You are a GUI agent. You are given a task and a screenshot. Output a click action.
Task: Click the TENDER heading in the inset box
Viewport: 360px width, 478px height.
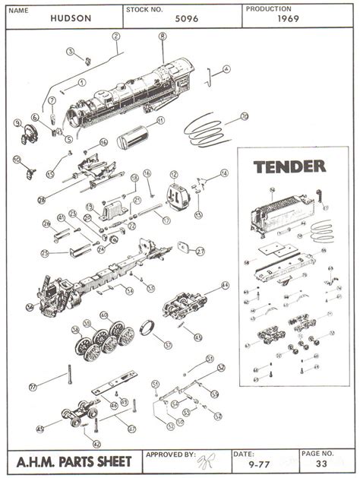289,166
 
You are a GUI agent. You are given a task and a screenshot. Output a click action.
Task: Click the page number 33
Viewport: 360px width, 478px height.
321,462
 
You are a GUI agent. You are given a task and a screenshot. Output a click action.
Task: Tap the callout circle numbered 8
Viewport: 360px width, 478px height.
163,36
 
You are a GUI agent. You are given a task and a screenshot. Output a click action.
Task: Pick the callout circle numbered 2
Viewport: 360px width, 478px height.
115,36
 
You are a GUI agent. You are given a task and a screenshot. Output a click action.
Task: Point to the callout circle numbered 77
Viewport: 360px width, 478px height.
33,386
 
